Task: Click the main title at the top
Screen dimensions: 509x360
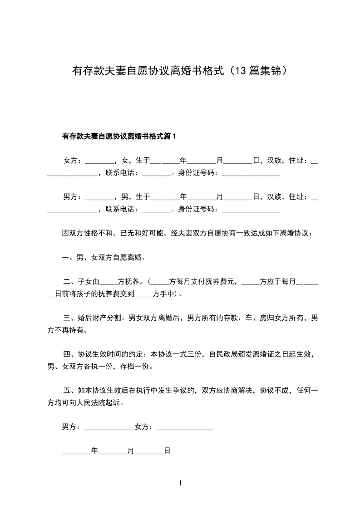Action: (180, 71)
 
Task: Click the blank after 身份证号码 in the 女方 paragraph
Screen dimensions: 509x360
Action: (250, 173)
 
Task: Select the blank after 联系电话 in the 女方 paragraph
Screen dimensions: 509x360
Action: (156, 173)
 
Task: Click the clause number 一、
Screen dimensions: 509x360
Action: (69, 258)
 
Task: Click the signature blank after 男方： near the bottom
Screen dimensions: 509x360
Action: (109, 427)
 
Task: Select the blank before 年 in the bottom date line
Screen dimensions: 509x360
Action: (76, 452)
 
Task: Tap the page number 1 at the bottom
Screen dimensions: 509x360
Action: (180, 483)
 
